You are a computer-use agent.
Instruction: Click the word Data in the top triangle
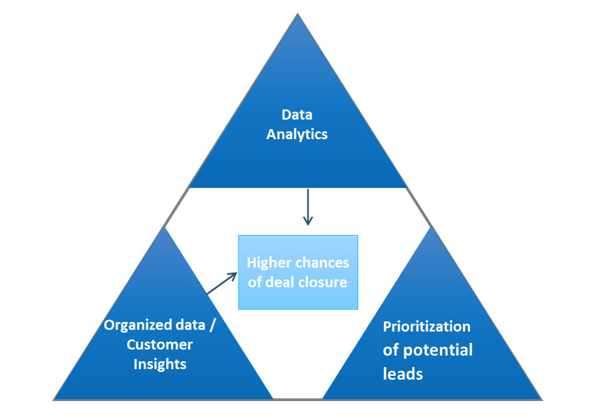pyautogui.click(x=297, y=115)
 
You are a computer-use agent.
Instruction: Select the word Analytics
pyautogui.click(x=297, y=134)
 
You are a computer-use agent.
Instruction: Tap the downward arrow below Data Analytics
pyautogui.click(x=307, y=206)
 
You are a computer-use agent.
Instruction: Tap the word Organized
pyautogui.click(x=137, y=325)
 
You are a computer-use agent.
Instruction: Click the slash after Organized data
pyautogui.click(x=212, y=325)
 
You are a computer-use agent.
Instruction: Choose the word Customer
pyautogui.click(x=160, y=345)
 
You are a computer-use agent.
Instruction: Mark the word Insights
pyautogui.click(x=160, y=364)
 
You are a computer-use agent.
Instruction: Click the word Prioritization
pyautogui.click(x=427, y=327)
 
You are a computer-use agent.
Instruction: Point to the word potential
pyautogui.click(x=437, y=350)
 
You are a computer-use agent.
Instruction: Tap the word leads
pyautogui.click(x=403, y=374)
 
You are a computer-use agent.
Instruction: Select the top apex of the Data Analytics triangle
pyautogui.click(x=297, y=15)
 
